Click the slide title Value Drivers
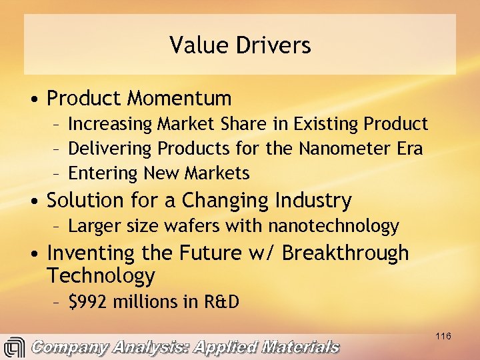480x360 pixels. [x=240, y=45]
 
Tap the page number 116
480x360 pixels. [x=443, y=336]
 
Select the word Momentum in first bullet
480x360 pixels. [x=179, y=99]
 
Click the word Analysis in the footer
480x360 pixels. [x=157, y=347]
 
